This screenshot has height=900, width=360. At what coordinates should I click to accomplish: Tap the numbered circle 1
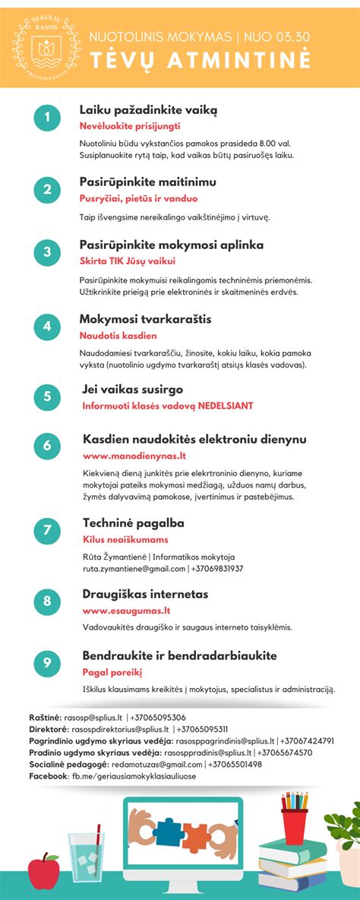pos(46,118)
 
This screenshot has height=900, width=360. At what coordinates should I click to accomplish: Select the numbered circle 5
pos(46,396)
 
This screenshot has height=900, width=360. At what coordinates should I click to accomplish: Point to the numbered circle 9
pos(46,663)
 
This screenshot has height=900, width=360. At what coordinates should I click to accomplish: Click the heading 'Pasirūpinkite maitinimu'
pos(148,182)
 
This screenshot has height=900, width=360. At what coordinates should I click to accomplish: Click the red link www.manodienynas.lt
pos(134,456)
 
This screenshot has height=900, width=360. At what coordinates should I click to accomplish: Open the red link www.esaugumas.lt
pos(126,610)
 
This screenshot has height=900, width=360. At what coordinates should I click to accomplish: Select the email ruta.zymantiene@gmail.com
pos(134,568)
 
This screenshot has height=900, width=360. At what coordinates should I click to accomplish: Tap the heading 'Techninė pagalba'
pos(133,523)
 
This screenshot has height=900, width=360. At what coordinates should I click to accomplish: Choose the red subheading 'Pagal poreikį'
pos(112,672)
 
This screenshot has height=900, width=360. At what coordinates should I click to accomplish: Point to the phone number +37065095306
pos(158,717)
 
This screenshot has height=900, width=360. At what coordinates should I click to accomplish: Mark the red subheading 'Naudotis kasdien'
pos(118,335)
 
